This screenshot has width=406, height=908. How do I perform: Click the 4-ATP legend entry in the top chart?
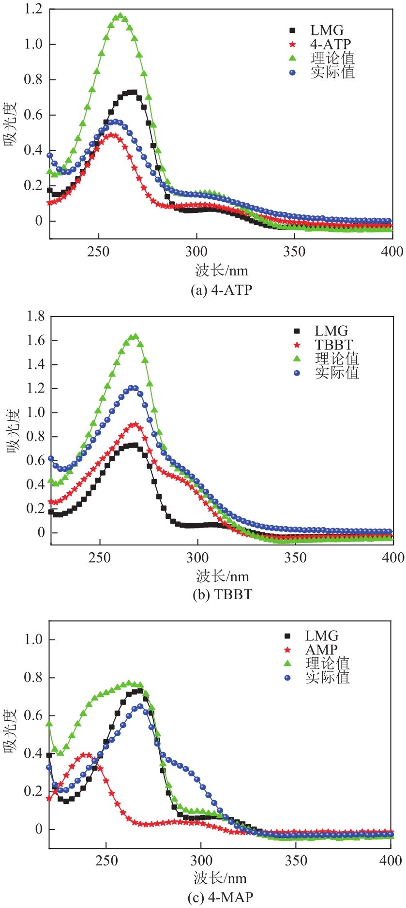(x=330, y=44)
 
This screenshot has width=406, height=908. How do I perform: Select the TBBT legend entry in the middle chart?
(x=333, y=345)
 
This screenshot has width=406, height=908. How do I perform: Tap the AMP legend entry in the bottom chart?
(x=321, y=650)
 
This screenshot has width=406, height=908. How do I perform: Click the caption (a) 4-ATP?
(x=222, y=289)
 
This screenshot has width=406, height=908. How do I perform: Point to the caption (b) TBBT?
(x=222, y=594)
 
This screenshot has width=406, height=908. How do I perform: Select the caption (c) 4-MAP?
(x=220, y=897)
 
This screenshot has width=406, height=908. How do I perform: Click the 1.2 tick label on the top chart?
(x=33, y=9)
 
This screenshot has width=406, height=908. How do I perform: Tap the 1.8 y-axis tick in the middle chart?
(x=35, y=317)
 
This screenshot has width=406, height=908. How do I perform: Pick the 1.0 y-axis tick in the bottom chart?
(x=33, y=639)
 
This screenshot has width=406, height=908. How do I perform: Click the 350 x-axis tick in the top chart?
(x=294, y=252)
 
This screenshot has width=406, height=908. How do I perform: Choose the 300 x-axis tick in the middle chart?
(x=197, y=557)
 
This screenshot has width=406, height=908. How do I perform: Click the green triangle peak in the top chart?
(x=120, y=16)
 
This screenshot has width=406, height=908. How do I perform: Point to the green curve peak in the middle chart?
(x=135, y=336)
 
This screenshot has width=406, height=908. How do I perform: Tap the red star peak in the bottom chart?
(x=86, y=754)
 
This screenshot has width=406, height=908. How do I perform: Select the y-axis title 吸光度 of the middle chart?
(x=13, y=430)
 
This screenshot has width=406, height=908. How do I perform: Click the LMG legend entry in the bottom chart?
(x=321, y=636)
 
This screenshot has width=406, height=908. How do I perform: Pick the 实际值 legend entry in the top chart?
(x=332, y=72)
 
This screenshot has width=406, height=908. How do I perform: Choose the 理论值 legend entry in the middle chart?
(x=337, y=359)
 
